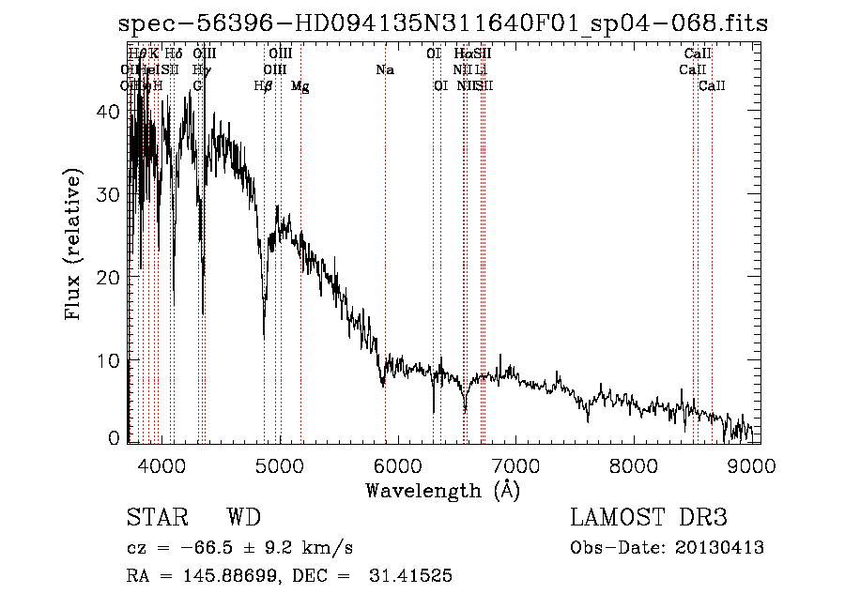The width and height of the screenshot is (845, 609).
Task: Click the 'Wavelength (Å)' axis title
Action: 442,490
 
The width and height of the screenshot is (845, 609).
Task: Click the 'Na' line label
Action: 384,70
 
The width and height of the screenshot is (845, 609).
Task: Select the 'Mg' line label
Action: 300,86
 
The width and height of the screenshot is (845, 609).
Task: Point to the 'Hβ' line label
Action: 264,86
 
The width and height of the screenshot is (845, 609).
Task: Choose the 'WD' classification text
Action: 244,518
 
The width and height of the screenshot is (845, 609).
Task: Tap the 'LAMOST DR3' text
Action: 648,518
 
